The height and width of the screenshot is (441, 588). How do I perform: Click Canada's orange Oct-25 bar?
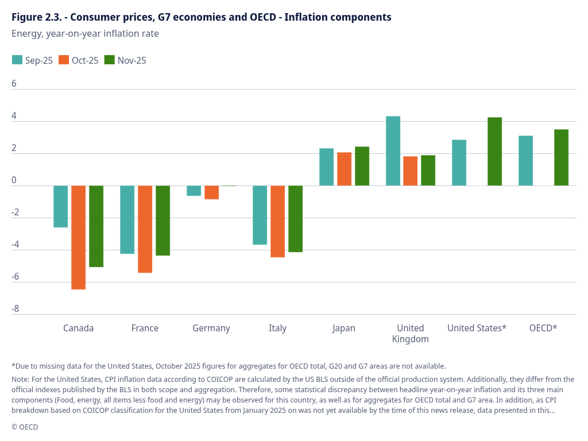[x=79, y=237]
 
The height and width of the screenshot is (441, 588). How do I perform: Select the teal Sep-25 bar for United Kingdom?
[x=393, y=151]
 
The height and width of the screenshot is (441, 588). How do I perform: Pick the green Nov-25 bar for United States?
[x=494, y=152]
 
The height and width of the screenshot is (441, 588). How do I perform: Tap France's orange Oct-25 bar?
[x=145, y=229]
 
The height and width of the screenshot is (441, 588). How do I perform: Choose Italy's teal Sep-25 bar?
[x=260, y=215]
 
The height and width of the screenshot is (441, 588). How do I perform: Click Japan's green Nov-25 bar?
[x=362, y=166]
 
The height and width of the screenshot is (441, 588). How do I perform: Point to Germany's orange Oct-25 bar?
[x=211, y=192]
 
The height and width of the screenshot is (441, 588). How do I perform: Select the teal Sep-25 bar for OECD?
[x=525, y=161]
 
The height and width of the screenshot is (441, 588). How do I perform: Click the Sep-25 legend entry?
[x=33, y=60]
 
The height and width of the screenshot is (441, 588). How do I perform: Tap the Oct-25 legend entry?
[x=79, y=60]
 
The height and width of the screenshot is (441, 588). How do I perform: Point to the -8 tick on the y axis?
[x=15, y=309]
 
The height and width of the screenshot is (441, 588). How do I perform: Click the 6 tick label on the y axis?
[x=14, y=84]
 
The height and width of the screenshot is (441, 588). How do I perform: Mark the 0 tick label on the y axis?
[x=14, y=180]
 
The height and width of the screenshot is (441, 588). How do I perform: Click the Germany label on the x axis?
[x=211, y=328]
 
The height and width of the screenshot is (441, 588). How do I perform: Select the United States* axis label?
[x=477, y=328]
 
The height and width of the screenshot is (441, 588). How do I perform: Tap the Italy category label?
[x=277, y=328]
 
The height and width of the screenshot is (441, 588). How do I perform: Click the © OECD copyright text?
[x=25, y=427]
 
